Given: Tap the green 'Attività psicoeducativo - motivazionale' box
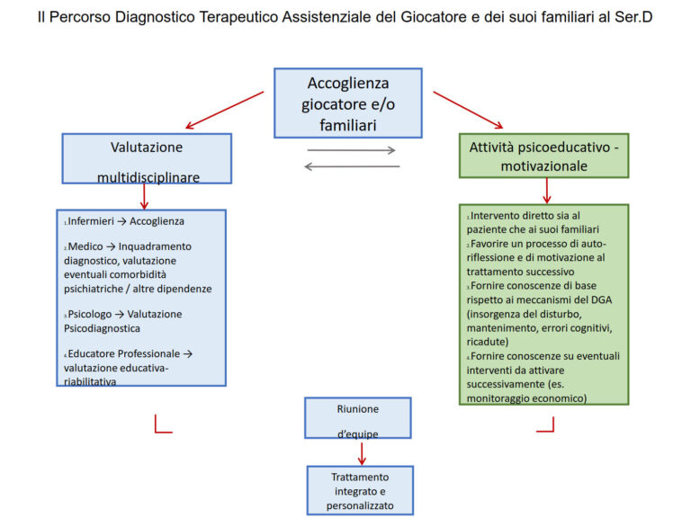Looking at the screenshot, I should click(x=543, y=155).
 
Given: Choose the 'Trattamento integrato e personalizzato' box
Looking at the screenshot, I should click(x=360, y=490).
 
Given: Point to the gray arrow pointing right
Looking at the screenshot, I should click(x=351, y=150).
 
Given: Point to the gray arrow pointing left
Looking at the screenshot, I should click(x=351, y=165).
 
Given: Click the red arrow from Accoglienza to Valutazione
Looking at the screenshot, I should click(x=224, y=109).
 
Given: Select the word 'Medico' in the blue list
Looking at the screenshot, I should click(x=85, y=246).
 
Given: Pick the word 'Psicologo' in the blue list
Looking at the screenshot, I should click(x=94, y=314).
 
